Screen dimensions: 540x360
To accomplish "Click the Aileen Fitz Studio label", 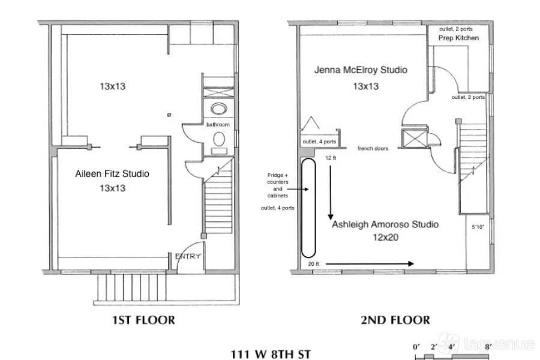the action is [x=112, y=173].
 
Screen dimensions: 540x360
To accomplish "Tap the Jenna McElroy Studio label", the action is [x=361, y=70].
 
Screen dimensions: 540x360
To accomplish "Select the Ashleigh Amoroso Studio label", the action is [x=385, y=224].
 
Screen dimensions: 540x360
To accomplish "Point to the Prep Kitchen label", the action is [x=458, y=38].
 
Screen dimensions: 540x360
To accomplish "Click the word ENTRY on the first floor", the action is [x=188, y=256].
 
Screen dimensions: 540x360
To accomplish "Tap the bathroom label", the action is [x=218, y=124].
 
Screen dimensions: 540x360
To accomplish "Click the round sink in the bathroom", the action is [x=218, y=109].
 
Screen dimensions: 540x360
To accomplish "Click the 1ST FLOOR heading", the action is [x=143, y=320].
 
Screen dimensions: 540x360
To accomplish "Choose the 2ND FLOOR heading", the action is [x=395, y=320].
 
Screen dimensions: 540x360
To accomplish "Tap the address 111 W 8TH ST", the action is [x=271, y=354].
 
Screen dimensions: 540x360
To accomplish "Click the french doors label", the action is [x=373, y=148].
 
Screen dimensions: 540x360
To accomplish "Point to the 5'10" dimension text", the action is [x=478, y=227].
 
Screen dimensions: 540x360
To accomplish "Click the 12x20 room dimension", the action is [x=385, y=238].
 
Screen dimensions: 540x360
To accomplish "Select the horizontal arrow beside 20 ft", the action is [x=370, y=264].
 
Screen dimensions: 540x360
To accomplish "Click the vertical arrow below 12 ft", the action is [x=331, y=193].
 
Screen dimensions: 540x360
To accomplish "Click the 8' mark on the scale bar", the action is [x=487, y=347].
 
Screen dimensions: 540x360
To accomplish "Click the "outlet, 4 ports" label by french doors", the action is [x=319, y=142].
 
